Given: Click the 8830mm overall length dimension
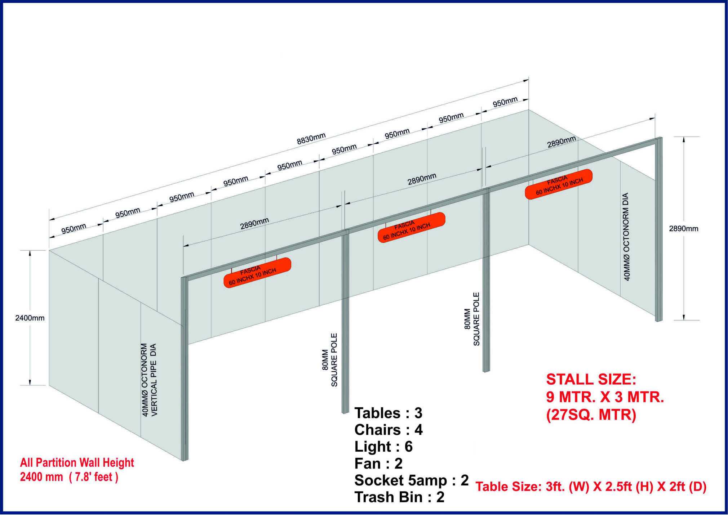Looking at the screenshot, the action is (x=311, y=139).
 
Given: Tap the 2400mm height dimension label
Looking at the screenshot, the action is (x=30, y=318).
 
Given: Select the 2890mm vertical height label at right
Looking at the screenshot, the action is (x=684, y=229).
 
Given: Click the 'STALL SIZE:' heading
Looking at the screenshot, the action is (x=591, y=380).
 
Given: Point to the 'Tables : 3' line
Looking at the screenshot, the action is (x=388, y=413).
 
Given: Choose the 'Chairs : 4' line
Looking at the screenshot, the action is (x=389, y=430).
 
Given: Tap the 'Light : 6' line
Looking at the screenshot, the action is (x=383, y=447).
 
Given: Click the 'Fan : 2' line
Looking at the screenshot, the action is (x=378, y=463).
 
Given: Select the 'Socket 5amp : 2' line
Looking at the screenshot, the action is (x=412, y=480).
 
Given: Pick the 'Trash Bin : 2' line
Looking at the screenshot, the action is (x=399, y=497).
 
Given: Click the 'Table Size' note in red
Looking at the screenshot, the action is (x=591, y=487).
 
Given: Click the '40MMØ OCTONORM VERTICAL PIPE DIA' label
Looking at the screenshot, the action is (x=149, y=380).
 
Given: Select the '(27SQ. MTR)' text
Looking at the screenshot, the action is (x=591, y=415).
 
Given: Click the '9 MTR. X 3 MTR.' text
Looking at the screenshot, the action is (x=605, y=397).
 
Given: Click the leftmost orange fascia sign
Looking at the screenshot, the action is (x=257, y=273).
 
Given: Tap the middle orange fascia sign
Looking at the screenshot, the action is (x=411, y=227).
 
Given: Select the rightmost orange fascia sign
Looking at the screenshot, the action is (x=559, y=184).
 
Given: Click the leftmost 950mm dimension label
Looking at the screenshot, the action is (x=74, y=229).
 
